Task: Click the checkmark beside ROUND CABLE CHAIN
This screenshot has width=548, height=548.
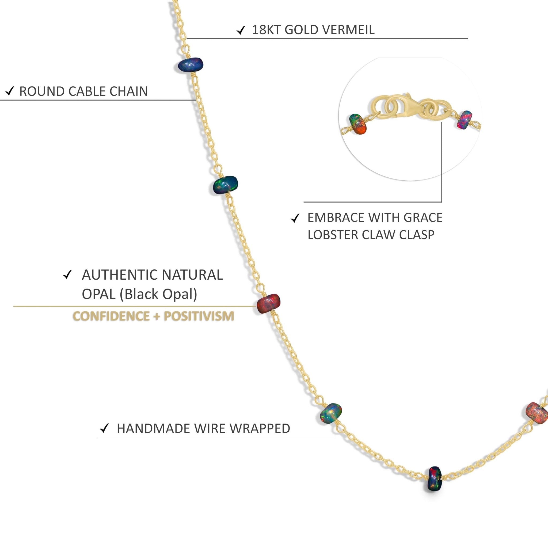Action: (10, 91)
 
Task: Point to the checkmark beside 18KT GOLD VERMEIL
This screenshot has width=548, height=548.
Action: (241, 30)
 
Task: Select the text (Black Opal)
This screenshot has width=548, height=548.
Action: (158, 294)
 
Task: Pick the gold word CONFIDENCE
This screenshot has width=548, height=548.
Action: (111, 316)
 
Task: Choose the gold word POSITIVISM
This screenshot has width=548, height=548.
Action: (199, 316)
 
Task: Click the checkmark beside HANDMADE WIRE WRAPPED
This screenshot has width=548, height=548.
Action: (104, 428)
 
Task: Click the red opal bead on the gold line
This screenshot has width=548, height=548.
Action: (268, 303)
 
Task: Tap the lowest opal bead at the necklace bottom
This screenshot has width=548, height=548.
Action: (434, 479)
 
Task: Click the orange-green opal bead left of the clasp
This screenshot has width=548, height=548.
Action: (358, 124)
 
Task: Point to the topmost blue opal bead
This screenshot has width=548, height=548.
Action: (191, 65)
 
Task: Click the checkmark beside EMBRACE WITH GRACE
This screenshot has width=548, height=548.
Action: (295, 218)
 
